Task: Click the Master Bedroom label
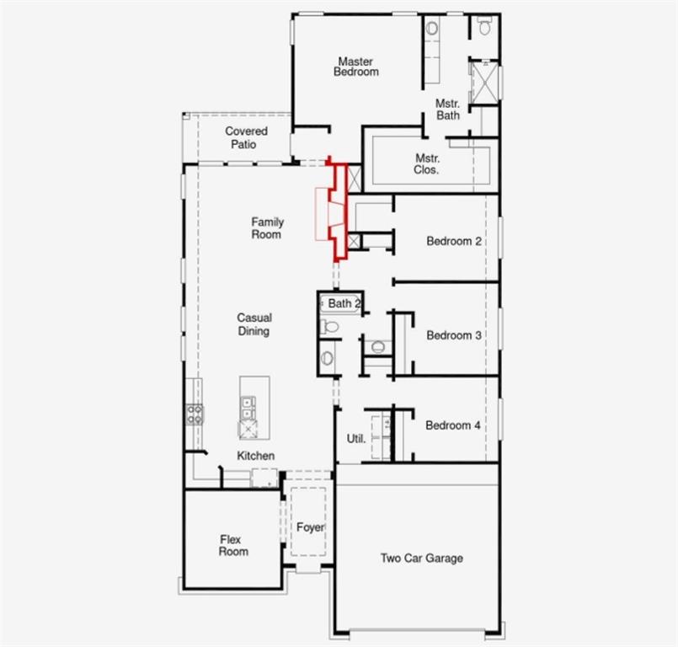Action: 355,67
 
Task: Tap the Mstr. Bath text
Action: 447,110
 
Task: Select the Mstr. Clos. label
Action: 427,163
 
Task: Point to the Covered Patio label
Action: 246,137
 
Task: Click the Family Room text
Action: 267,228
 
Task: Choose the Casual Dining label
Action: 254,324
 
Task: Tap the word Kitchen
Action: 255,456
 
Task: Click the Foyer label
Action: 310,527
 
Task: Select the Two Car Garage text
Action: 421,558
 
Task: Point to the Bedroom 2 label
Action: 454,241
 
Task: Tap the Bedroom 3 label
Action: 454,335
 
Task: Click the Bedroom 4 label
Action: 453,425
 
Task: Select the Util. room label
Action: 356,439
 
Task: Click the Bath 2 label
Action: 344,303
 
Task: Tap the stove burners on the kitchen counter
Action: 194,414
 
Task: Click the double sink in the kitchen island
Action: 248,409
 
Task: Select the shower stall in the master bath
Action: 483,80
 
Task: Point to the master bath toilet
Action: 484,27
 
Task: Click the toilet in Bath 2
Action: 330,326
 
